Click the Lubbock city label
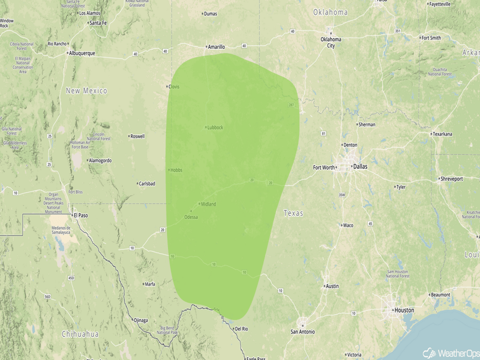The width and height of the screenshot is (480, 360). coord(215,127)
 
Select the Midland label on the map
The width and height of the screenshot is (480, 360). coord(208,204)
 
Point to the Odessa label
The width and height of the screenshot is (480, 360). coord(191,217)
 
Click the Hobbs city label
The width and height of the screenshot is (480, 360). coord(176,170)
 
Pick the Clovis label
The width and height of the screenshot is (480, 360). coord(175,86)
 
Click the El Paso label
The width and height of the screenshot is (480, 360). coord(80,215)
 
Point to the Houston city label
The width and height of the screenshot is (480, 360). coord(403,310)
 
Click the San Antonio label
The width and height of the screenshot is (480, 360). coord(303,331)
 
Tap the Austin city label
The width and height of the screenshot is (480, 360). coord(332,286)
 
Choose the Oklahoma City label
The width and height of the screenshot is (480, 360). coord(331,42)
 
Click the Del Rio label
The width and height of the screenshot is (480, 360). coord(241,329)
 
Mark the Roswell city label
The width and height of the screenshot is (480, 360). coord(137,136)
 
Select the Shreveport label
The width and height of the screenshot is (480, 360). coord(451,179)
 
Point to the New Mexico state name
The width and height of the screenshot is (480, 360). coord(87,91)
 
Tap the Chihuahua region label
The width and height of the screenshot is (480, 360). coord(80,334)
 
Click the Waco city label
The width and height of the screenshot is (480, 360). coord(348,225)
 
